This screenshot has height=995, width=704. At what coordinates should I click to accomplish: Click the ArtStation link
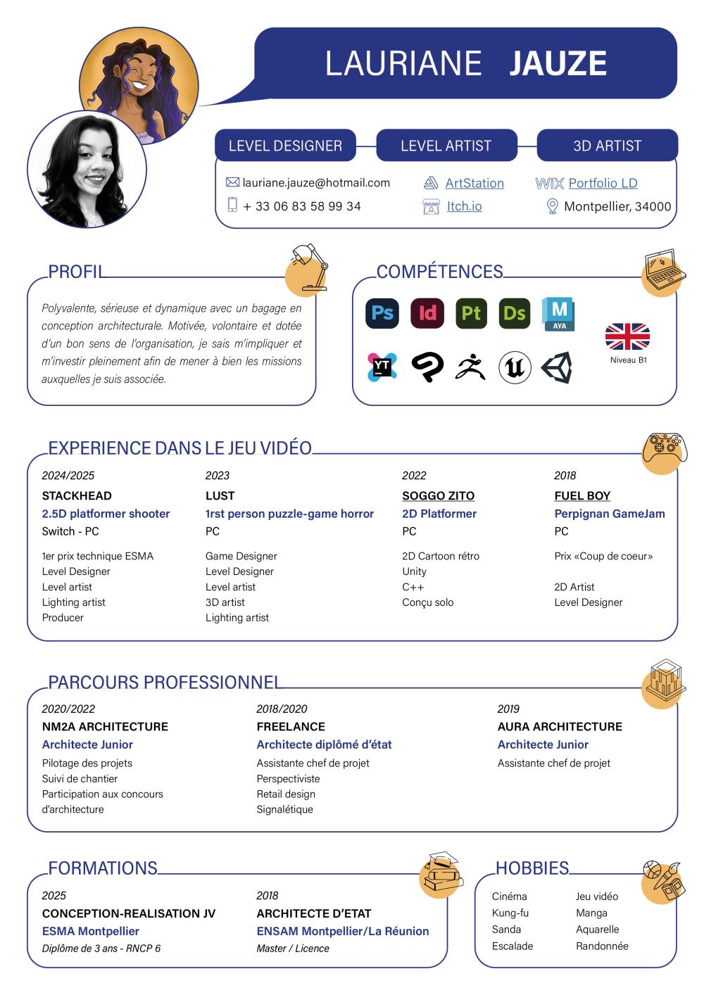tap(474, 184)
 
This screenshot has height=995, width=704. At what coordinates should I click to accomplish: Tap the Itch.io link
tap(464, 206)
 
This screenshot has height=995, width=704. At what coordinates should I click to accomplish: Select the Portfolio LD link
tap(603, 184)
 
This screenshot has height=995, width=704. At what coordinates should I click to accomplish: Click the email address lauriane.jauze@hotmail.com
tap(316, 183)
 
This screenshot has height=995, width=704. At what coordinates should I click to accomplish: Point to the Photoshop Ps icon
tap(382, 313)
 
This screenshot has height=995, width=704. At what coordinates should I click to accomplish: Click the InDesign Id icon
tap(427, 313)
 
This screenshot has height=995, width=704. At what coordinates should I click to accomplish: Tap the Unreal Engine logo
tap(515, 367)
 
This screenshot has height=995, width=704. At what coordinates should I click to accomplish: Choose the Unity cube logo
tap(556, 367)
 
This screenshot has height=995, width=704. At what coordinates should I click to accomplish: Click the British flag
tap(627, 336)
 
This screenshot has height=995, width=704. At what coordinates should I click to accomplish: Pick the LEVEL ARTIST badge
tap(446, 146)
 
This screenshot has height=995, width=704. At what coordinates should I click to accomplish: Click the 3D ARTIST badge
tap(607, 146)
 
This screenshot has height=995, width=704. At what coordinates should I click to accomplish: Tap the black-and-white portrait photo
tap(87, 169)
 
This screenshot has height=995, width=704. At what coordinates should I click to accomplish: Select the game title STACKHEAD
tap(77, 495)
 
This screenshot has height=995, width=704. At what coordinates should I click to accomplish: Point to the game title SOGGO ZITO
tap(438, 495)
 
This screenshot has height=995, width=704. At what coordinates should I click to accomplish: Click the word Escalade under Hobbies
tap(513, 946)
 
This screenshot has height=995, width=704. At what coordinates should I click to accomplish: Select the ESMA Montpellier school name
tap(91, 931)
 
